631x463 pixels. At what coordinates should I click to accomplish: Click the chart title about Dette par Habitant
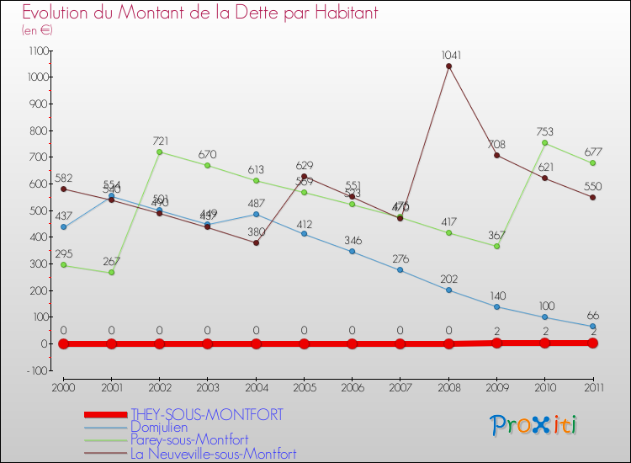pyautogui.click(x=199, y=13)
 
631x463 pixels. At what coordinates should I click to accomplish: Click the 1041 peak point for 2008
pyautogui.click(x=448, y=67)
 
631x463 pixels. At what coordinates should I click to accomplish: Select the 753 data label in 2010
pyautogui.click(x=544, y=130)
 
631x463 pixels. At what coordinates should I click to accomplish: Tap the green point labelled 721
pyautogui.click(x=159, y=152)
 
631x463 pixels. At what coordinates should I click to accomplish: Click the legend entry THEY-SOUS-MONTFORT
pyautogui.click(x=206, y=415)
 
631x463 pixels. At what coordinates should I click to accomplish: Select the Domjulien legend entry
pyautogui.click(x=160, y=428)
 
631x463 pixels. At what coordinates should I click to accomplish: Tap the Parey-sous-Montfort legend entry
pyautogui.click(x=189, y=440)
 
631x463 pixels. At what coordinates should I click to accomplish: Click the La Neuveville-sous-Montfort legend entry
pyautogui.click(x=213, y=454)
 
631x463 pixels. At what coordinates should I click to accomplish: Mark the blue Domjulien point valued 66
pyautogui.click(x=592, y=327)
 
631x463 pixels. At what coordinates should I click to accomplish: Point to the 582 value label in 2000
pyautogui.click(x=63, y=178)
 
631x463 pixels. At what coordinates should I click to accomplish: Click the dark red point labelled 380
pyautogui.click(x=256, y=242)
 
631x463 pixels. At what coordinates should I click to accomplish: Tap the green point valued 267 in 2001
pyautogui.click(x=111, y=273)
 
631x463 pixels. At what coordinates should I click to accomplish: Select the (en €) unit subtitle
pyautogui.click(x=38, y=29)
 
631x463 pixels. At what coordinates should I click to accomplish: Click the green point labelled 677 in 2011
pyautogui.click(x=592, y=163)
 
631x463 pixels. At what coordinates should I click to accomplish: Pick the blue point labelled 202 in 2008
pyautogui.click(x=448, y=290)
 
